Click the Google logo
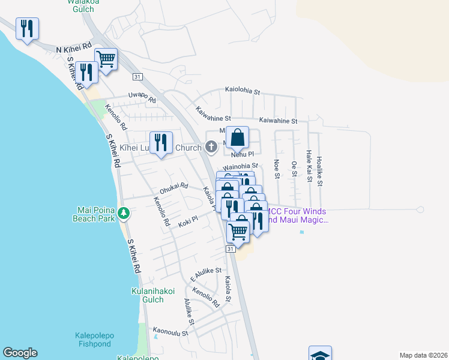point(20,353)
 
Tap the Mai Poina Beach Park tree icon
point(123,213)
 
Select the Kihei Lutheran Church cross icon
point(211,146)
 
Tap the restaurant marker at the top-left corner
point(27,29)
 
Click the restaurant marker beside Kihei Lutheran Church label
point(160,143)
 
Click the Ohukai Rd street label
point(174,188)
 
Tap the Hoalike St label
point(319,169)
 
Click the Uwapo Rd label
point(142,95)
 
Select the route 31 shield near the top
point(137,76)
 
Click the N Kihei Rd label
point(74,47)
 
